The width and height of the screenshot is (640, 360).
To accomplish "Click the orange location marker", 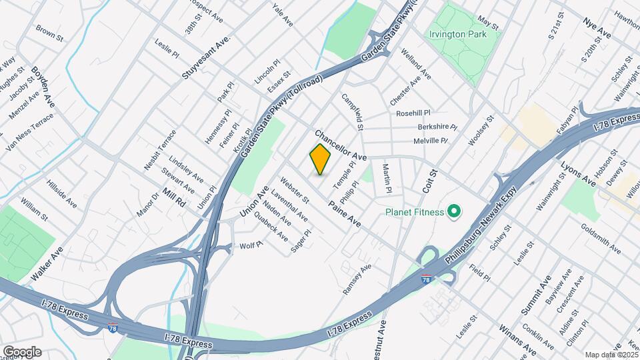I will click(320, 159).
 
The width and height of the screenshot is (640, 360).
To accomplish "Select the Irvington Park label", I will click(457, 34).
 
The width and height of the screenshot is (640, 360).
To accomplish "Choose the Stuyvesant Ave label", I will click(205, 59).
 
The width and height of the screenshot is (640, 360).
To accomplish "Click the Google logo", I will click(21, 351).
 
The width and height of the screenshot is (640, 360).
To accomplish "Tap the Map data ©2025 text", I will click(611, 354).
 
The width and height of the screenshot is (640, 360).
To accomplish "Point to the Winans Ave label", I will click(517, 340).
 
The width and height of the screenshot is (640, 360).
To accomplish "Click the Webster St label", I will click(295, 190).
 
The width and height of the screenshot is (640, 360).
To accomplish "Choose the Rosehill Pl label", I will click(413, 113).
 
